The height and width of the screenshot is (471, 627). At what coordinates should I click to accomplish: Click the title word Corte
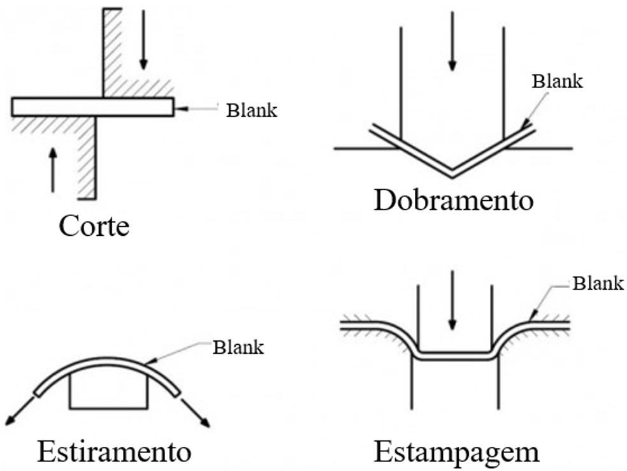click(x=94, y=226)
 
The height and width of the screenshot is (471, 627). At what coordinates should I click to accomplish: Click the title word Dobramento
click(x=453, y=200)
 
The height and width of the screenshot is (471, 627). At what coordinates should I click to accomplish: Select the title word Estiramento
click(x=114, y=452)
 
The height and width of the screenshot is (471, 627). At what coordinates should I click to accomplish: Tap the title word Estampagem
click(x=456, y=452)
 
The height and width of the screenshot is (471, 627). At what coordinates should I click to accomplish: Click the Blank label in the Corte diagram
click(x=252, y=110)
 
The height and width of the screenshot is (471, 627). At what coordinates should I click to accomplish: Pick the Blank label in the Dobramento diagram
click(x=558, y=81)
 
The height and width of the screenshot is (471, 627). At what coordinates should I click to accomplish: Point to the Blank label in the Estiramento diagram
click(x=238, y=347)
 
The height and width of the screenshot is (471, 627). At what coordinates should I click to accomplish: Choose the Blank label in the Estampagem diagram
click(x=598, y=283)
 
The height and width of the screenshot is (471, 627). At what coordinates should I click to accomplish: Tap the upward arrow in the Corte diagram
click(x=53, y=169)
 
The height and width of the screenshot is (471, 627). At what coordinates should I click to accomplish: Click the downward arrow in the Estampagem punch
click(x=452, y=300)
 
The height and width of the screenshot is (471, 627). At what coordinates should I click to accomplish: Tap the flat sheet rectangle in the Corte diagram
click(x=92, y=106)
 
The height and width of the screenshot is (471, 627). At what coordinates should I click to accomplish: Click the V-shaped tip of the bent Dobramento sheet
click(x=452, y=171)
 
